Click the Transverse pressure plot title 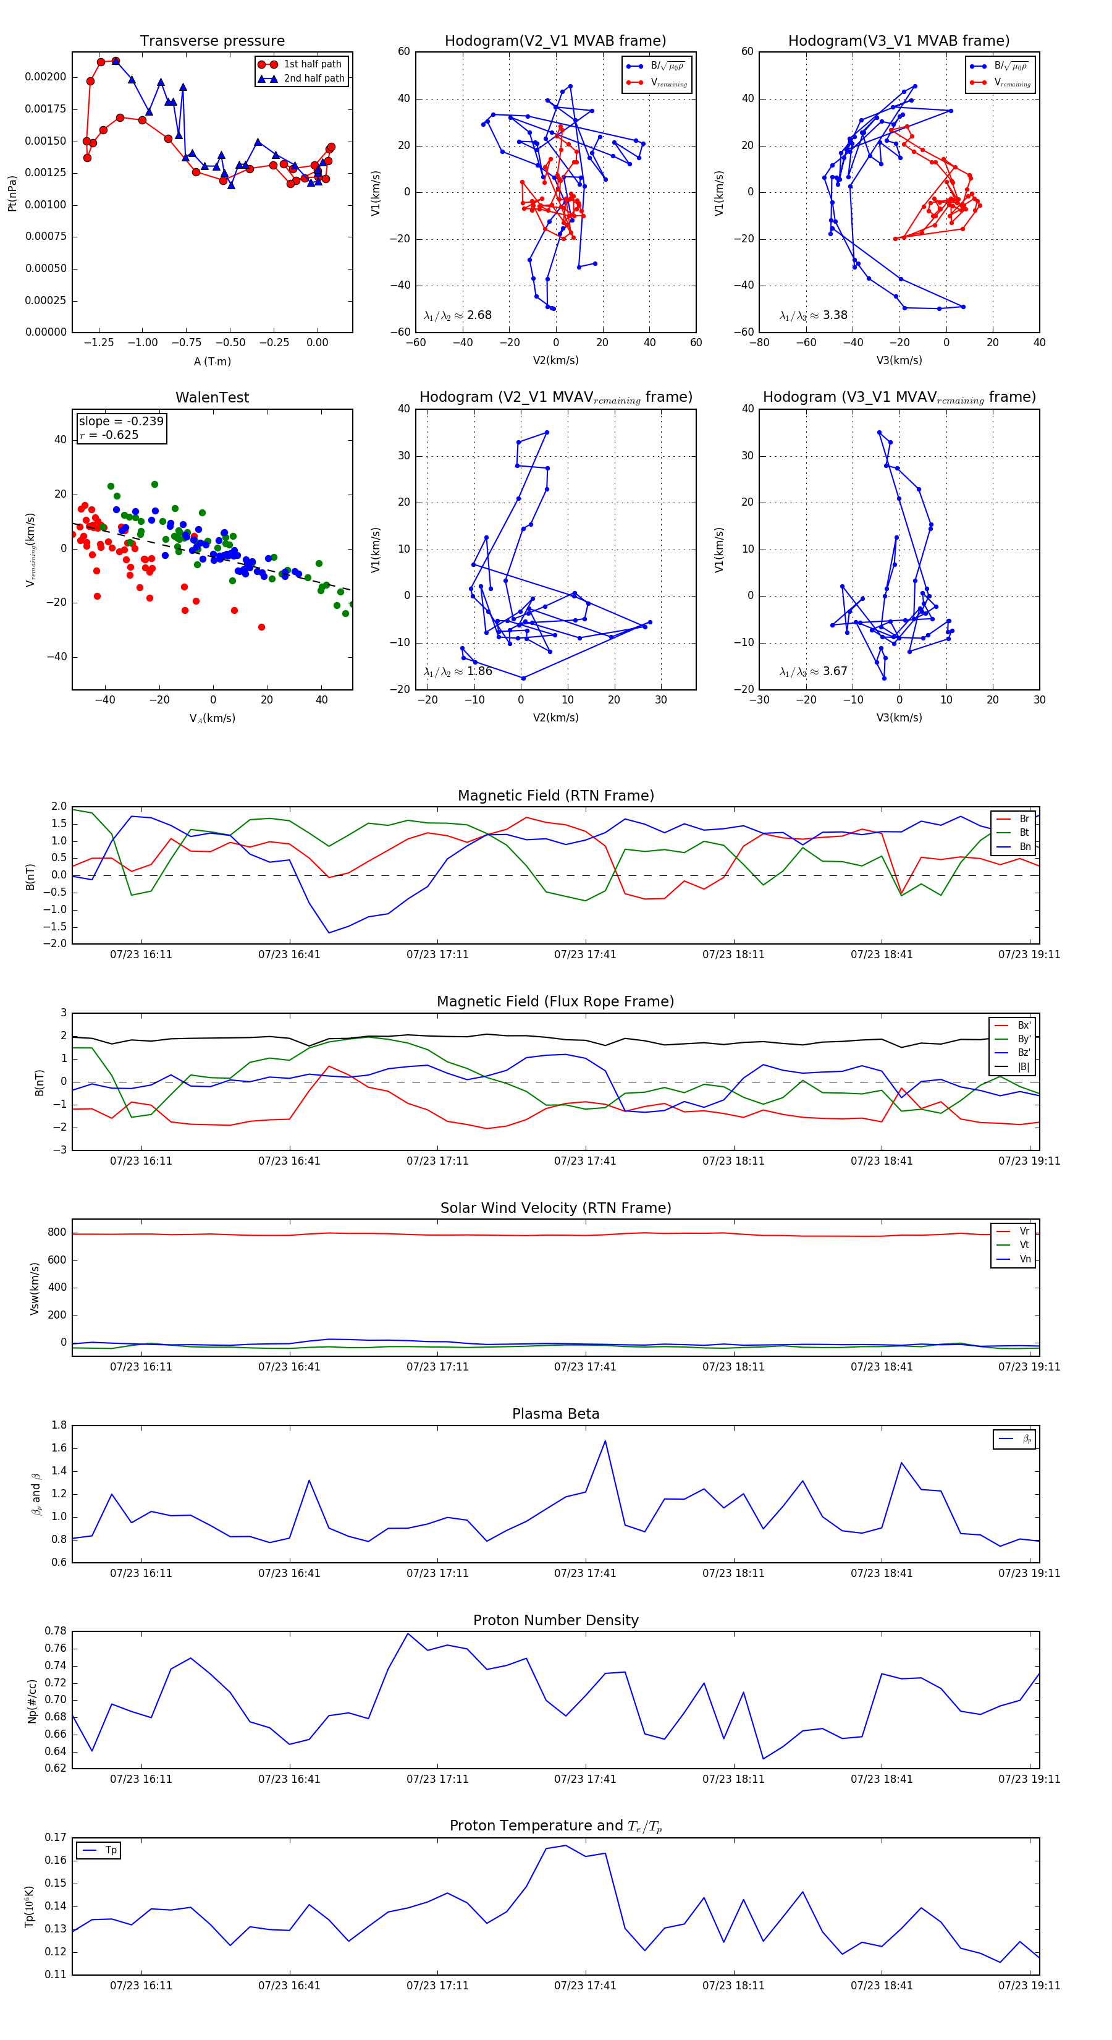point(212,41)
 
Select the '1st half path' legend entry point(312,64)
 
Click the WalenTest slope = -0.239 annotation point(121,422)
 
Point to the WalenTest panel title point(212,397)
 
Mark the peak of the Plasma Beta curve point(605,1440)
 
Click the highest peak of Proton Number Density point(408,1634)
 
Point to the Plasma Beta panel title point(555,1414)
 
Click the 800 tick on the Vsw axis point(57,1232)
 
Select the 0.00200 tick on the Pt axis point(46,77)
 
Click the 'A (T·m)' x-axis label point(212,361)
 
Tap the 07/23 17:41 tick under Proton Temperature point(585,1986)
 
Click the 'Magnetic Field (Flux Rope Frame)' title point(555,1002)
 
